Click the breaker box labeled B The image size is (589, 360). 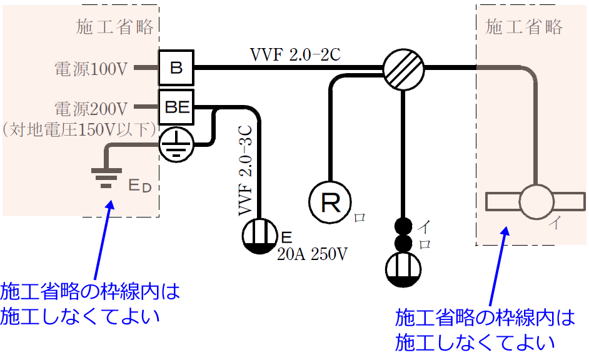176,67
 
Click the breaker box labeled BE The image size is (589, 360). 176,107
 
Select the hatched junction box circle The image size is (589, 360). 403,67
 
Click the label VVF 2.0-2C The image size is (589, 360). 294,55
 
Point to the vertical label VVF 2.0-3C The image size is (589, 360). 246,169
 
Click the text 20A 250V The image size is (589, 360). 312,255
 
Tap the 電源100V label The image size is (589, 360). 91,69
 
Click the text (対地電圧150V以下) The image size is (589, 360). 79,129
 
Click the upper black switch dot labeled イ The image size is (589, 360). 404,226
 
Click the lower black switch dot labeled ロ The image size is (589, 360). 404,243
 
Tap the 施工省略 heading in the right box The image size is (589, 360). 524,27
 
